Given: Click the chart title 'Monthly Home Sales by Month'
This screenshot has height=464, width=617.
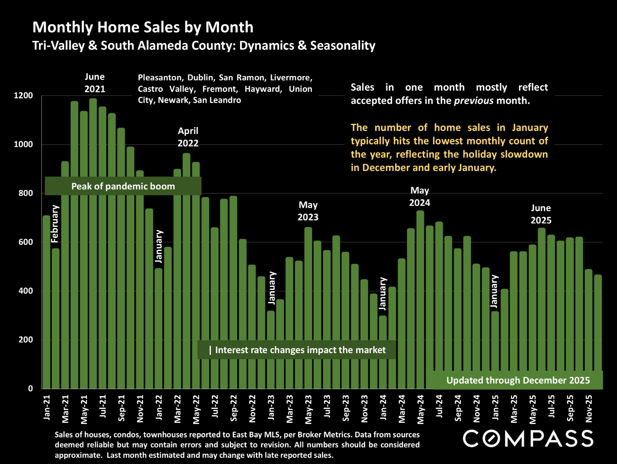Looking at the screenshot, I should coord(143,27).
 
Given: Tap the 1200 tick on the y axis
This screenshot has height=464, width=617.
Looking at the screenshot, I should coord(23,95).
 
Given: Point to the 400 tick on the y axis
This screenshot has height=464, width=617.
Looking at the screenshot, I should coord(25,291).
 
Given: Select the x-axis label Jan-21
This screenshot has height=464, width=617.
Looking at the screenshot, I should coord(47,407).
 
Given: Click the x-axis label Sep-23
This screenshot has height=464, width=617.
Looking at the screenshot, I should coord(346,408).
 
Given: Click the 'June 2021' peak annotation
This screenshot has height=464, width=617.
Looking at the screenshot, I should coord(95,83).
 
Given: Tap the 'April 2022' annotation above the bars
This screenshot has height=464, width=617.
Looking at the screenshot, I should coord(188,137).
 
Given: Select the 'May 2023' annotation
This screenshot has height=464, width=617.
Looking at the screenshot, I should coord(308,211).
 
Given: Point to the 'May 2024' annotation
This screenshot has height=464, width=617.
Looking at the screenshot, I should coord(420,196).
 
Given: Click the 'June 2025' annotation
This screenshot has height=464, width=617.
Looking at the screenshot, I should coord(541,214).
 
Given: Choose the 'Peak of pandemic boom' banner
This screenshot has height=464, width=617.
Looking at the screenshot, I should coord(123,186).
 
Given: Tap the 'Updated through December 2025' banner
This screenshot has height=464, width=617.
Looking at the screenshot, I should coord(518,380).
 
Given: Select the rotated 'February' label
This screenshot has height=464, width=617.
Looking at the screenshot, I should coord(55,224).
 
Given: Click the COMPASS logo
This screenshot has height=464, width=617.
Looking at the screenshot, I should coord(528,439).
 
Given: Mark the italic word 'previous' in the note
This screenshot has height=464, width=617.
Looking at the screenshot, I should coord(474,101).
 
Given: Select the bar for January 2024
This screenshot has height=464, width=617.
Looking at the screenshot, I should coord(383,352).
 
